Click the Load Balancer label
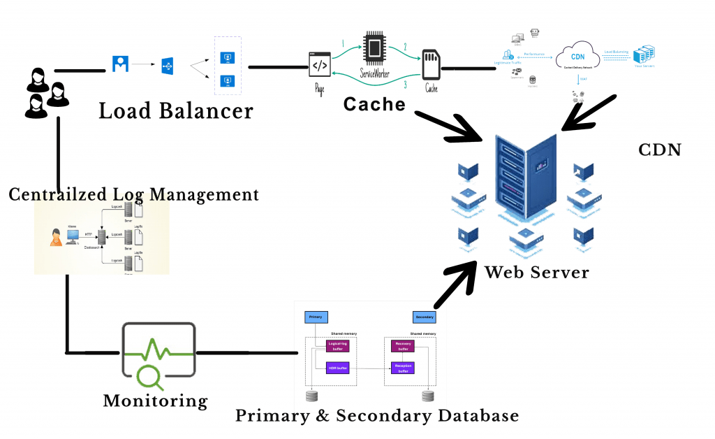(175, 110)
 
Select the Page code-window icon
(319, 65)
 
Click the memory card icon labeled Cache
(431, 66)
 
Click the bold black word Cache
(374, 104)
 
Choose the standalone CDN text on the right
(660, 150)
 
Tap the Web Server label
(536, 271)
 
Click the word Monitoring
(155, 401)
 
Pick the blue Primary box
(316, 317)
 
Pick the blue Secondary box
(424, 317)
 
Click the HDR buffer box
(337, 367)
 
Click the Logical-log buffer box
(337, 345)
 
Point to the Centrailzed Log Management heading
(133, 194)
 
